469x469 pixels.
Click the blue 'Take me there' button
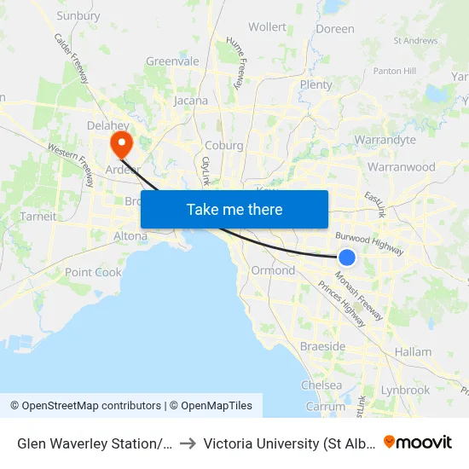[x=234, y=209]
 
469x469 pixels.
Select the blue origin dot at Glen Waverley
[x=347, y=258]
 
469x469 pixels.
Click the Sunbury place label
[x=78, y=15]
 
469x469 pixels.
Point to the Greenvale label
[x=172, y=61]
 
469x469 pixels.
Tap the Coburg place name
[x=224, y=145]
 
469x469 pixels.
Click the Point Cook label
[x=94, y=272]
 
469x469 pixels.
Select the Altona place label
[x=130, y=235]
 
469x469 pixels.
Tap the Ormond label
[x=273, y=270]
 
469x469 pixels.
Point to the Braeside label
[x=322, y=346]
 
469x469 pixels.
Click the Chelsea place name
[x=321, y=385]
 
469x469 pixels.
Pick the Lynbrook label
[x=406, y=390]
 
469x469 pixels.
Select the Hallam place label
[x=413, y=351]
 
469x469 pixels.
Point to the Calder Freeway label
[x=72, y=58]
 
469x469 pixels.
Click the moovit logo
[x=418, y=442]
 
